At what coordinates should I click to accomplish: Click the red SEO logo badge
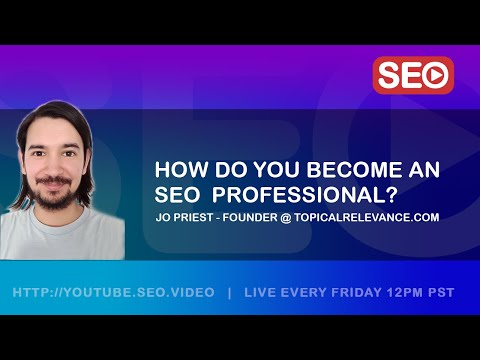point(413,75)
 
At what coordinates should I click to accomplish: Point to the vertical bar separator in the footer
point(230,292)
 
